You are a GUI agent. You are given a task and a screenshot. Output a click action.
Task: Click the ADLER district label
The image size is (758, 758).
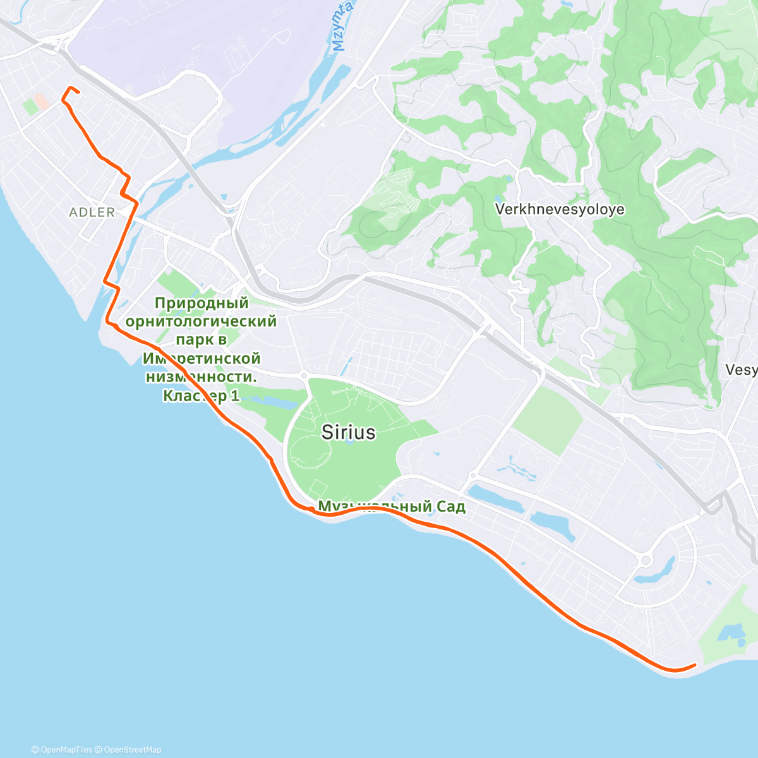[x=92, y=212]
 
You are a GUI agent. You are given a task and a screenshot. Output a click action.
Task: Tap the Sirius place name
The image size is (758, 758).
[x=348, y=432]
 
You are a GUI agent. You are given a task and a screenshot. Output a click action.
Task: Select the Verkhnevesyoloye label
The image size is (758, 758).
[x=560, y=209]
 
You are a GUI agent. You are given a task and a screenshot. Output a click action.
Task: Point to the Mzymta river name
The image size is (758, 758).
[x=340, y=34]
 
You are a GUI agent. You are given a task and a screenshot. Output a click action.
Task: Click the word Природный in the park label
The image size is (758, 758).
[x=202, y=303]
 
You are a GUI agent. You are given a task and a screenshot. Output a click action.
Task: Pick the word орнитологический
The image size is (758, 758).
[x=201, y=322]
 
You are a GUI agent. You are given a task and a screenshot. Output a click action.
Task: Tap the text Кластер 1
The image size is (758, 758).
[x=201, y=396]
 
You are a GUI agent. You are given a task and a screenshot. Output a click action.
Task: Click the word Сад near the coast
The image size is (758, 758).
[x=450, y=507]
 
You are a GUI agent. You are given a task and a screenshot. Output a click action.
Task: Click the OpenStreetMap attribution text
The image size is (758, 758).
[x=132, y=750]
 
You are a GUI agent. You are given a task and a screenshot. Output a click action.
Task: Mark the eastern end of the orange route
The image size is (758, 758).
[x=695, y=665]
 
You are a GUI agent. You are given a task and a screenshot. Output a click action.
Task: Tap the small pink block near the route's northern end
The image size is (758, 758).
[x=41, y=100]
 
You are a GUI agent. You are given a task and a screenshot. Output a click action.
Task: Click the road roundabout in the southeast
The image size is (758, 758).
[x=646, y=560]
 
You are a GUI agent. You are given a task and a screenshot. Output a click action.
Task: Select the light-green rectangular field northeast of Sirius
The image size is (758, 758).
[x=548, y=419]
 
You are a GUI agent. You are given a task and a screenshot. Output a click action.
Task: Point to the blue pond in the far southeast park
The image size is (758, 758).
[x=732, y=633]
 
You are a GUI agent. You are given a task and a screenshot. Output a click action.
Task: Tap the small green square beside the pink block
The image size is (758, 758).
[x=30, y=107]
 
